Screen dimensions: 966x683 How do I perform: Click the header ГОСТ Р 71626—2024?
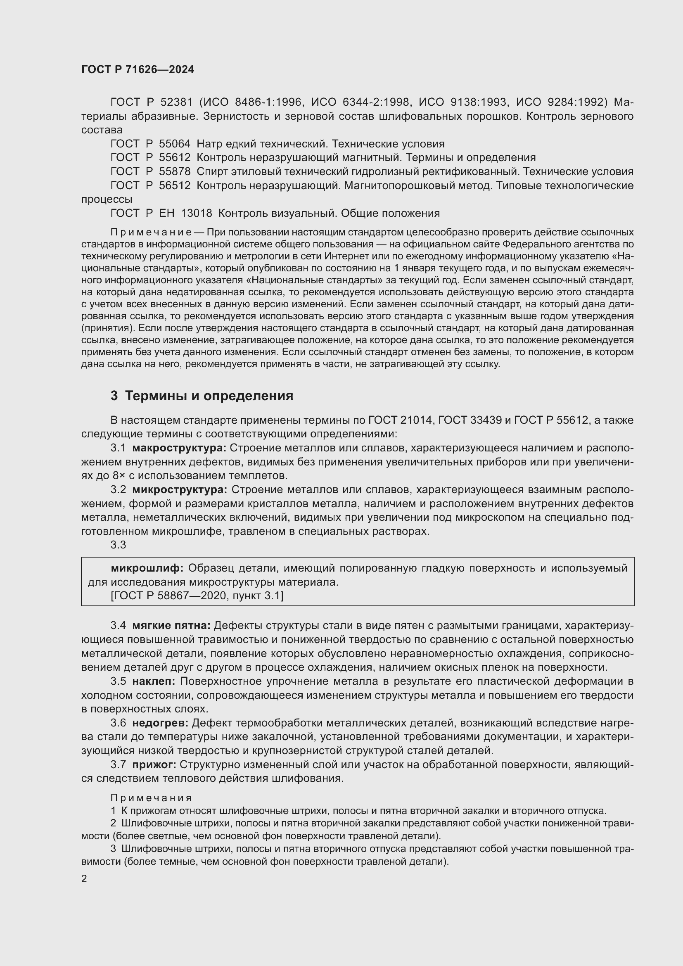[x=138, y=70]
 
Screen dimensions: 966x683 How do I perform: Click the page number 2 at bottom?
[x=84, y=879]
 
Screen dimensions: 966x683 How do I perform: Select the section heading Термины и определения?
[x=209, y=396]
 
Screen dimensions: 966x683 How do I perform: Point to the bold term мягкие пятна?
[x=171, y=626]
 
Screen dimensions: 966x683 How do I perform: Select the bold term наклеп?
[x=154, y=681]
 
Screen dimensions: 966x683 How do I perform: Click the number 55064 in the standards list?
[x=175, y=144]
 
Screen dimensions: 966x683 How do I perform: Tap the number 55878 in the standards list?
[x=175, y=172]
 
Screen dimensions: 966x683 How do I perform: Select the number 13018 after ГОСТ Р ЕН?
[x=197, y=213]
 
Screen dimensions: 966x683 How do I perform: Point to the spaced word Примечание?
[x=151, y=232]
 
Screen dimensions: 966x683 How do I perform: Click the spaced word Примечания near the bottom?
[x=151, y=798]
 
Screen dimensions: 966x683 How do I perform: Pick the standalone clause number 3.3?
[x=118, y=545]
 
